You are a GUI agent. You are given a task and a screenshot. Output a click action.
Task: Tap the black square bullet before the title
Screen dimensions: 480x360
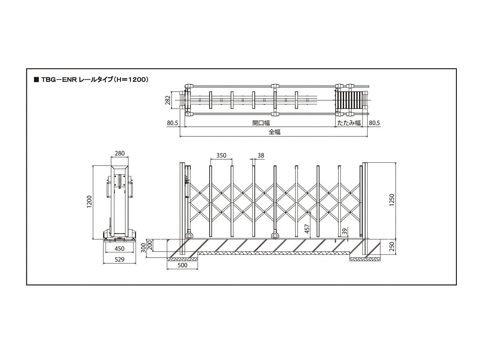pyautogui.click(x=36, y=80)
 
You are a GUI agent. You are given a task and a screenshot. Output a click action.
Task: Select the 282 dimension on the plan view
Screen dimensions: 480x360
pyautogui.click(x=168, y=100)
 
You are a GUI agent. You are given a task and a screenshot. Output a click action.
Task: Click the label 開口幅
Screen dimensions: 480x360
pyautogui.click(x=261, y=123)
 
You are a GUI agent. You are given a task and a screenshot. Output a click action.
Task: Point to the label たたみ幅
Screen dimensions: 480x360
pyautogui.click(x=349, y=123)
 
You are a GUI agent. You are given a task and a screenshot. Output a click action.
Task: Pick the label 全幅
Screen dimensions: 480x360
pyautogui.click(x=274, y=132)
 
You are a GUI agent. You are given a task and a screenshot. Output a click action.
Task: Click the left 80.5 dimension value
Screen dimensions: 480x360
pyautogui.click(x=172, y=123)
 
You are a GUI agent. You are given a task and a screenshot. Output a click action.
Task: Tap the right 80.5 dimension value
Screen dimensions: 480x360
pyautogui.click(x=374, y=123)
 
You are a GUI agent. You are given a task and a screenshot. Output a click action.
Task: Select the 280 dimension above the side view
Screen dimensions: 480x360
pyautogui.click(x=120, y=154)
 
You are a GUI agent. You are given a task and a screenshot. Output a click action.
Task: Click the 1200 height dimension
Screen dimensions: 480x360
pyautogui.click(x=90, y=202)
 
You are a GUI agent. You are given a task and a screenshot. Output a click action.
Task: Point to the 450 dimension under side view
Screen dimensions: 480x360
pyautogui.click(x=119, y=248)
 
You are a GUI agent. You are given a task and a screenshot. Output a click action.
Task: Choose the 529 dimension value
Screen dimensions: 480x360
pyautogui.click(x=119, y=260)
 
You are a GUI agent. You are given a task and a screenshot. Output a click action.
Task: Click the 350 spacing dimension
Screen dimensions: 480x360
pyautogui.click(x=221, y=156)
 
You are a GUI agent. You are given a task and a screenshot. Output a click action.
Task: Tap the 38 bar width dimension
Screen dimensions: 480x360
pyautogui.click(x=261, y=156)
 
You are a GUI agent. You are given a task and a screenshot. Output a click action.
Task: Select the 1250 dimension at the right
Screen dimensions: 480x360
pyautogui.click(x=392, y=200)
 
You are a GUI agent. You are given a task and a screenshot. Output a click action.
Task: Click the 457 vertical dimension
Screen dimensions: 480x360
pyautogui.click(x=307, y=229)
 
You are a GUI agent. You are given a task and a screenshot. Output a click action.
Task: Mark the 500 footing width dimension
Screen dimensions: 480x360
pyautogui.click(x=182, y=265)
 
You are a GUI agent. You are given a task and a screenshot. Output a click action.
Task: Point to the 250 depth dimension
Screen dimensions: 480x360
pyautogui.click(x=392, y=246)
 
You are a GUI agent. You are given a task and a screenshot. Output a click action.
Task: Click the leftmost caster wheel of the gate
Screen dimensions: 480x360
pyautogui.click(x=189, y=236)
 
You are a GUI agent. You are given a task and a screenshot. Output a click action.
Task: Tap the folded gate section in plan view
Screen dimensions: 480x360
pyautogui.click(x=349, y=100)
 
